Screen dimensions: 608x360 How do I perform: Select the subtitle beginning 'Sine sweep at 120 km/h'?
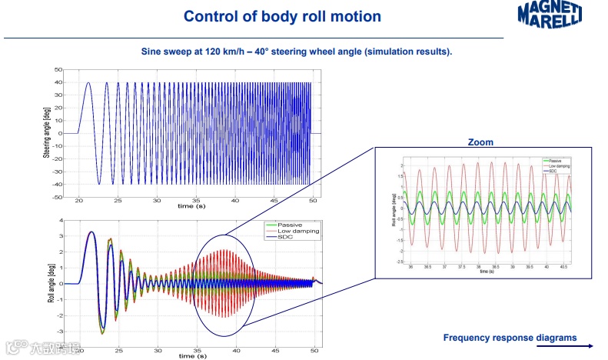point(297,52)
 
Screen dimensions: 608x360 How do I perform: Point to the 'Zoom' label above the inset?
point(480,142)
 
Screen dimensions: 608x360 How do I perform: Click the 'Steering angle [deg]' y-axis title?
point(47,133)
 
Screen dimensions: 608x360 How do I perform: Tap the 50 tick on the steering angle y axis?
point(58,70)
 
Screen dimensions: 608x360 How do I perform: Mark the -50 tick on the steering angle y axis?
point(57,198)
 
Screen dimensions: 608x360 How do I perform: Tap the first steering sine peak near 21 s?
point(88,83)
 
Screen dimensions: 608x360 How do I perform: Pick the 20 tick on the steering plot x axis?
point(79,202)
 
